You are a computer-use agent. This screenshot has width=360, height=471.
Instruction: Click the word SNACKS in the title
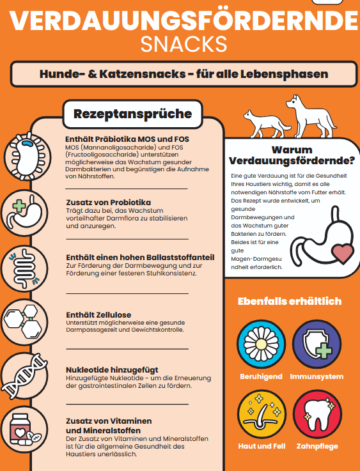[184, 45]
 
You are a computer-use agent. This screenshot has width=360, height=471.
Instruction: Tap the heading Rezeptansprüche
[132, 114]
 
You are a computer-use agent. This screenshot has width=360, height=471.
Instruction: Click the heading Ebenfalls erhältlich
[289, 301]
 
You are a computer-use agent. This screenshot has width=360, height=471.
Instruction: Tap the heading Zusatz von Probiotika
[108, 202]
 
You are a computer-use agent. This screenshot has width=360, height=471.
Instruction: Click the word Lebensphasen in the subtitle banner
[290, 74]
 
